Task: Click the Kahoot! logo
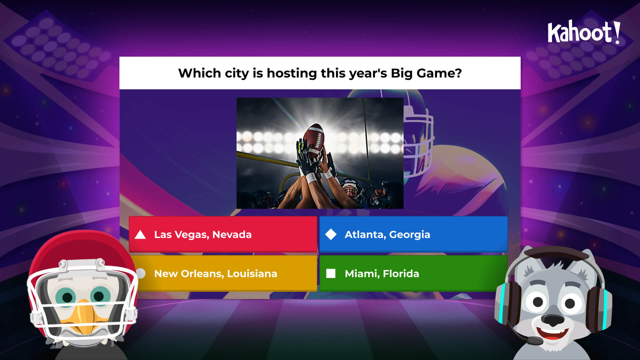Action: [583, 32]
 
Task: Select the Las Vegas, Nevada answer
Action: [223, 234]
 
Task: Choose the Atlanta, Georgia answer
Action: [413, 234]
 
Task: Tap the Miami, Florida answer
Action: [413, 273]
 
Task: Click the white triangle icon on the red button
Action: [140, 235]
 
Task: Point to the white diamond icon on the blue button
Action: [331, 234]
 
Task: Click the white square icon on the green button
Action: [331, 273]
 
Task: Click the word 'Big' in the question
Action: [402, 73]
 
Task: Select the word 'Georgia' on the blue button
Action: [410, 235]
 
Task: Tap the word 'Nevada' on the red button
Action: [232, 235]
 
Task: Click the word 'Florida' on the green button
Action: [401, 274]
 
